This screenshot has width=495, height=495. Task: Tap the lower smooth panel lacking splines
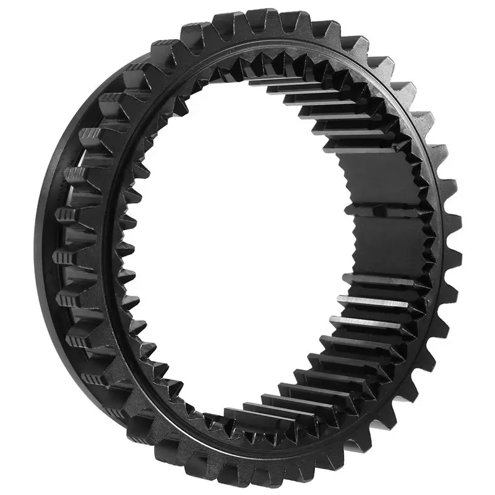tap(381, 247)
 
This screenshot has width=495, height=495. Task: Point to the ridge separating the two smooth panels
tap(384, 210)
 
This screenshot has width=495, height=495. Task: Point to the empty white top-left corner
tap(25, 25)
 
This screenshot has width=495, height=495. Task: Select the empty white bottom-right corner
tap(470, 470)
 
